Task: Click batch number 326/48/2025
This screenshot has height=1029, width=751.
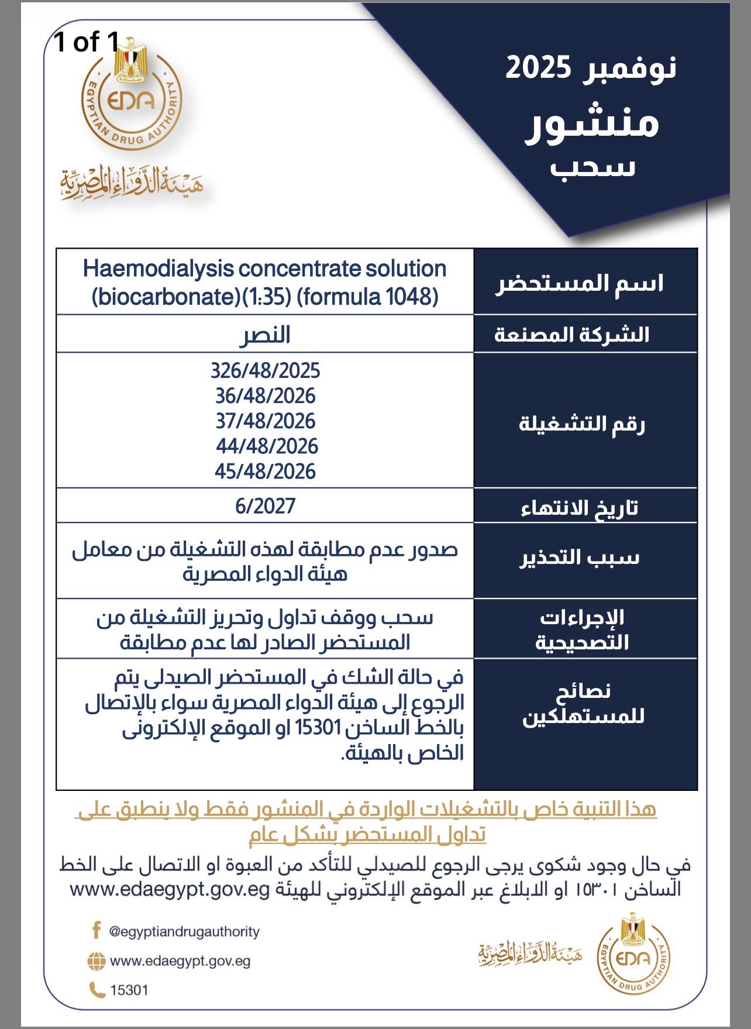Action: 265,371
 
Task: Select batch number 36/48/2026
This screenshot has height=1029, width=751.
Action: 265,396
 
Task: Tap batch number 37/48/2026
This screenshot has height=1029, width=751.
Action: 265,421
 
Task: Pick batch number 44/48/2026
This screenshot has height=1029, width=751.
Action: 267,446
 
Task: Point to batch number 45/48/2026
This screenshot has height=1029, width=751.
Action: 265,472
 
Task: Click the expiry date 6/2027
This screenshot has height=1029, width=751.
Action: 265,506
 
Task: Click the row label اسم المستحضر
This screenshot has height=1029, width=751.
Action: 580,284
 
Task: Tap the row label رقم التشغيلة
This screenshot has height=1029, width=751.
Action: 581,424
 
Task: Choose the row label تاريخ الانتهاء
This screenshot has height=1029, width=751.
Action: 579,508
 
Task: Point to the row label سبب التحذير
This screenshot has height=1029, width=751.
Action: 580,557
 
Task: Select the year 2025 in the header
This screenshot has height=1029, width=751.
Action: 538,68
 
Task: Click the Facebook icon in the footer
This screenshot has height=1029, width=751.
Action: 96,930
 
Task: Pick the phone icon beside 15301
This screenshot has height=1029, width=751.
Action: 96,990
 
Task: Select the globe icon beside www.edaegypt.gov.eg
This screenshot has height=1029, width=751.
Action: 96,961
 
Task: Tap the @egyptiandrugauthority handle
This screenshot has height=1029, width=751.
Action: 184,931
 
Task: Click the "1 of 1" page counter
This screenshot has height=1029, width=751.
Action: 86,42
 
